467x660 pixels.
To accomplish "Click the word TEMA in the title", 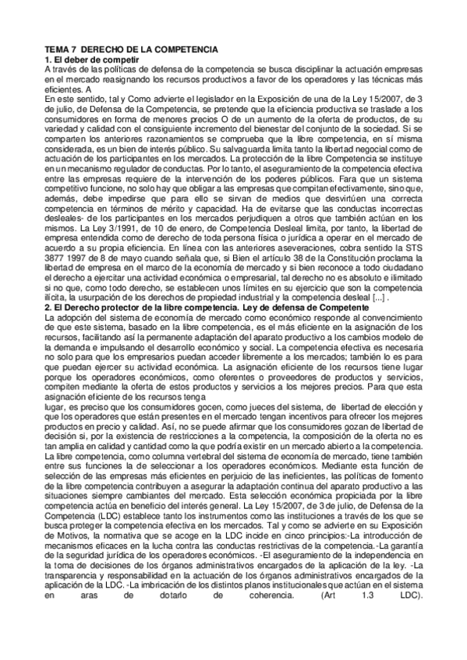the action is (56, 50).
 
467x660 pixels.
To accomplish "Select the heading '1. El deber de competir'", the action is (91, 59).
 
